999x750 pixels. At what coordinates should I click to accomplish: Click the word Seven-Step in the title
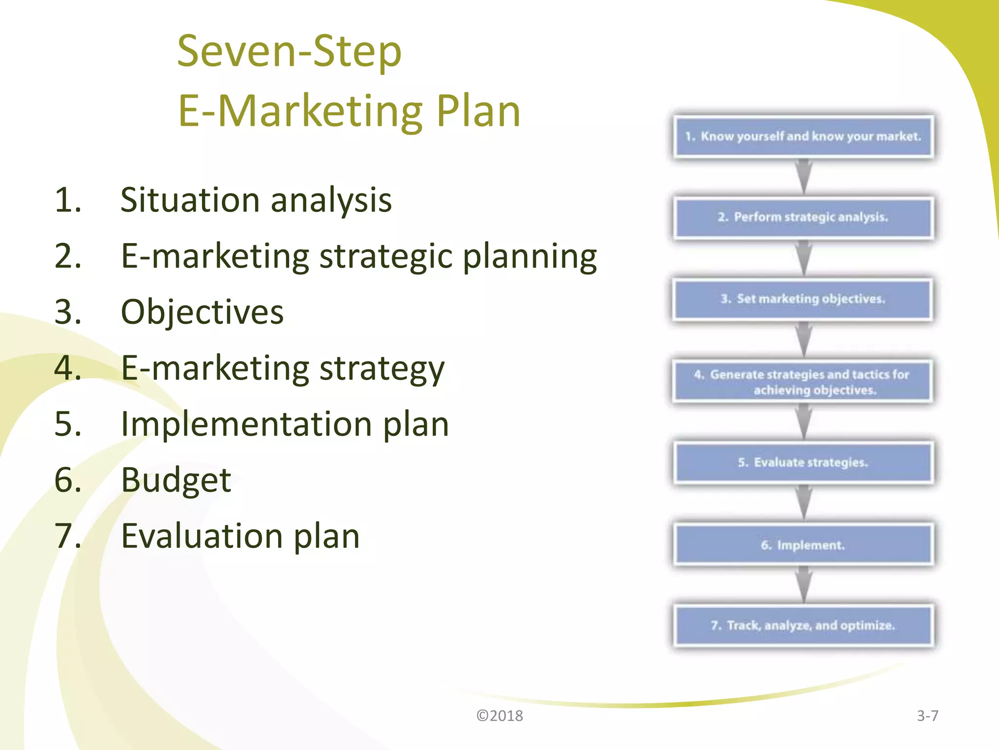289,52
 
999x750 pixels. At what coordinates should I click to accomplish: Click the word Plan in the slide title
478,111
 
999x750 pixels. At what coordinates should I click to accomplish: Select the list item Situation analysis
256,200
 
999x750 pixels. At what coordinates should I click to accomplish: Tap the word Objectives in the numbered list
202,312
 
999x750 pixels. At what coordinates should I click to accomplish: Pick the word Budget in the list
176,480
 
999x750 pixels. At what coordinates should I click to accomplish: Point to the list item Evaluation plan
240,536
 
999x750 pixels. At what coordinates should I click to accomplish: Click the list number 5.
67,424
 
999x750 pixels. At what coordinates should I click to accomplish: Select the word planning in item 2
530,256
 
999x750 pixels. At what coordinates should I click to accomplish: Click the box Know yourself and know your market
803,136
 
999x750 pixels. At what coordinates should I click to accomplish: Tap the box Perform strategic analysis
803,217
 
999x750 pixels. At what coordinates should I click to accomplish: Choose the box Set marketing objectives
803,299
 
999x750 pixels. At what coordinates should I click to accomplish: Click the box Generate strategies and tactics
803,382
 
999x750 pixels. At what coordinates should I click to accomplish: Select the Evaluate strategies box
803,462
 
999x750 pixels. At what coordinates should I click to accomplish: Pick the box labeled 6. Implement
803,545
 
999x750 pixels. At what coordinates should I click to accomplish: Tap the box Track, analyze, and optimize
803,625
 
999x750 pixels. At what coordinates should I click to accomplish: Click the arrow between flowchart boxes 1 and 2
803,177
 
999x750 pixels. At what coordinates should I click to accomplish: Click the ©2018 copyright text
499,716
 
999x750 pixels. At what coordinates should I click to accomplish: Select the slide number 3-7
927,716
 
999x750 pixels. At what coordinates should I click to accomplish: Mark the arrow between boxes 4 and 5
803,422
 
